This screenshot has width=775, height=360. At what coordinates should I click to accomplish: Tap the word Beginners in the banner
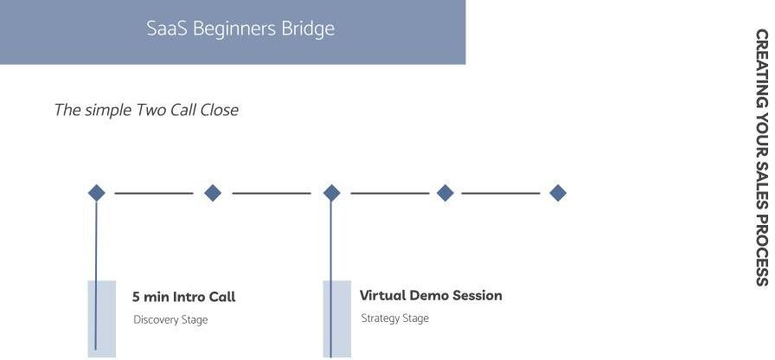click(232, 29)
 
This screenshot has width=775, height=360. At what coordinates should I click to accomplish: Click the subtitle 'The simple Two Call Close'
click(145, 110)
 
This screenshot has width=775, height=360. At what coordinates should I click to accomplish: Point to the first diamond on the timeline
click(97, 193)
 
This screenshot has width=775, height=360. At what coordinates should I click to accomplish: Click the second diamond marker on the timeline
click(213, 193)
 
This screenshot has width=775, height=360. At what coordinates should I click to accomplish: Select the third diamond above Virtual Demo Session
click(331, 193)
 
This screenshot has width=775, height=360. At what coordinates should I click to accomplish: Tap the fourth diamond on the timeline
click(445, 193)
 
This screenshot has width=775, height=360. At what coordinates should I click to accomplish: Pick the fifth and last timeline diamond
click(558, 193)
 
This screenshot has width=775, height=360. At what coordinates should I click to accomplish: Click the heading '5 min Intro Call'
click(183, 297)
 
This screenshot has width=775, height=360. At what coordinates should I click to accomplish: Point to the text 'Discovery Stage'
click(170, 320)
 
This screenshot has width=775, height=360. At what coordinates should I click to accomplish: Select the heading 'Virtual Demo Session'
click(431, 295)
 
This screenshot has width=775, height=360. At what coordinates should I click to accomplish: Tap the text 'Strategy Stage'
click(394, 318)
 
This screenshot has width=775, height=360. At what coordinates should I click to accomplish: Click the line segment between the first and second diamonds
click(154, 193)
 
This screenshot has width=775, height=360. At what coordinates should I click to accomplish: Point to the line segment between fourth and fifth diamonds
click(501, 193)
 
